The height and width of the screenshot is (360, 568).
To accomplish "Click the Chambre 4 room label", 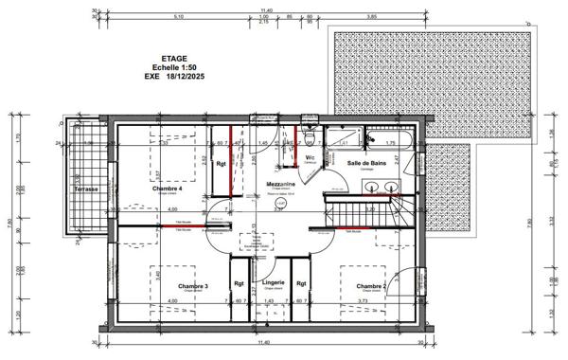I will pyautogui.click(x=167, y=189).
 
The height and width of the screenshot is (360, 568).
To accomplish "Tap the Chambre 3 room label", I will pyautogui.click(x=167, y=286).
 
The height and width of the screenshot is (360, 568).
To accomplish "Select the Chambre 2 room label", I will pyautogui.click(x=371, y=286).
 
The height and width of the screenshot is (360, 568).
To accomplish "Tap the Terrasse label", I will pyautogui.click(x=87, y=189).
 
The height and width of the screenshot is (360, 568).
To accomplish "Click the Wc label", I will pyautogui.click(x=310, y=157).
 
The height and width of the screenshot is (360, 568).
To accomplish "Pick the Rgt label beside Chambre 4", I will pyautogui.click(x=220, y=164).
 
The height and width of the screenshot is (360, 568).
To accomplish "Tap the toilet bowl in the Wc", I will pyautogui.click(x=328, y=159).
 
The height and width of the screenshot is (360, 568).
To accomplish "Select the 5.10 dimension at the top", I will pyautogui.click(x=179, y=16).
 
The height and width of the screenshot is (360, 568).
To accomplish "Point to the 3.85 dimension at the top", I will pyautogui.click(x=372, y=16).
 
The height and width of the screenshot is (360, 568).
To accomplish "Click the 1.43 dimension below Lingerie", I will pyautogui.click(x=269, y=301).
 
